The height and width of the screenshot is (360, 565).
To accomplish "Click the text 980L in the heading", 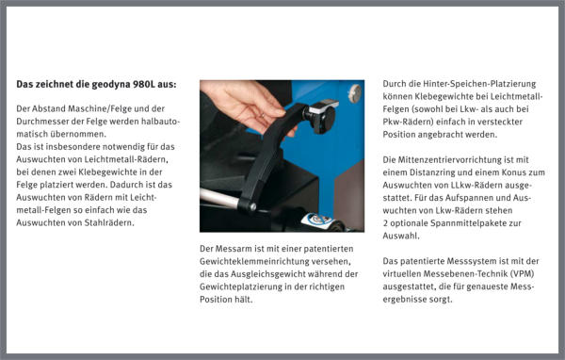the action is pyautogui.click(x=144, y=85).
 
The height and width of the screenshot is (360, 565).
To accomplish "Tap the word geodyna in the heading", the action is pyautogui.click(x=111, y=85).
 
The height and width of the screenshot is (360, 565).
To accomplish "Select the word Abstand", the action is pyautogui.click(x=47, y=108).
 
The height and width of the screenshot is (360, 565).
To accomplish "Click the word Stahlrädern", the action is pyautogui.click(x=109, y=222).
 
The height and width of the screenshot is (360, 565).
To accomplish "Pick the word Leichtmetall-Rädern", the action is pyautogui.click(x=126, y=159).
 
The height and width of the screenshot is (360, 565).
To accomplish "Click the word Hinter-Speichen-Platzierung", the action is pyautogui.click(x=479, y=84).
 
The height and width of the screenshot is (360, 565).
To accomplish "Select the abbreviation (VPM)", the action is pyautogui.click(x=522, y=274).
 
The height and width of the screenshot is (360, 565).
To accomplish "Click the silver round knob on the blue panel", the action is pyautogui.click(x=355, y=93).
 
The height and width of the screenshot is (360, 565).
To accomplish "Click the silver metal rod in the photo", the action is pyautogui.click(x=218, y=198).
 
